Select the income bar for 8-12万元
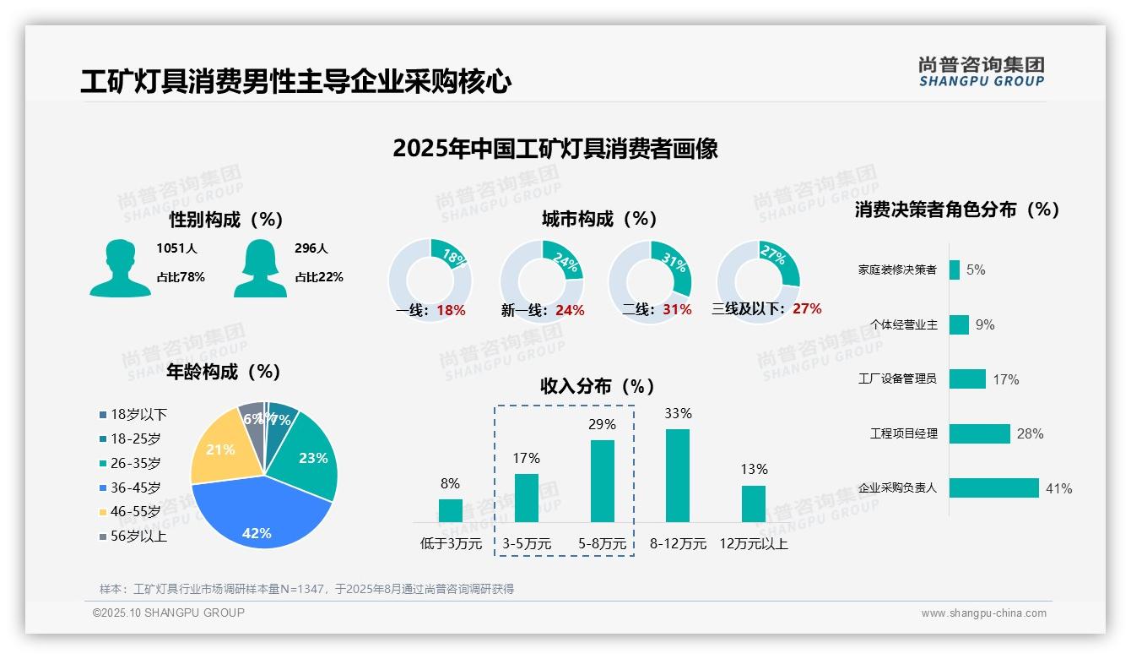(678, 476)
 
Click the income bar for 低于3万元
(451, 510)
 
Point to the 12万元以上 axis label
(753, 544)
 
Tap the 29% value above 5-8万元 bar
(602, 424)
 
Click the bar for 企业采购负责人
(993, 488)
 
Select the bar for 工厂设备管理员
(967, 379)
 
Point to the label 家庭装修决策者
(897, 270)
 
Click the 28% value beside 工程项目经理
(1030, 434)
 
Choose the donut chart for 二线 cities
(650, 270)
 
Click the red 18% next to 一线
(451, 310)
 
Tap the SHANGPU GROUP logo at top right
(981, 72)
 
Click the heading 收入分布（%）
(598, 386)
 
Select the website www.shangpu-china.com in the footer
(983, 613)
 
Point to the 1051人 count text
(176, 248)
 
